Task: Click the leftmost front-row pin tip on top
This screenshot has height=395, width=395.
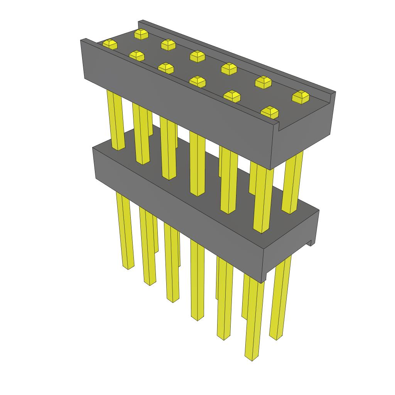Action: coord(110,44)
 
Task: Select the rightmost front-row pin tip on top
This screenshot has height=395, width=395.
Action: coord(269,112)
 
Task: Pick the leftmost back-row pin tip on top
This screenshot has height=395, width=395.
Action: coord(141,34)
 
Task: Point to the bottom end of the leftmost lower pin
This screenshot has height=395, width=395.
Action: coord(127,266)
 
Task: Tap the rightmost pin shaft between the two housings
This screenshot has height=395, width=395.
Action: coord(292,181)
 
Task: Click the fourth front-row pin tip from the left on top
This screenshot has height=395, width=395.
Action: coord(197,81)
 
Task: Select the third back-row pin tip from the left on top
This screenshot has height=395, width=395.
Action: coord(197,56)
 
